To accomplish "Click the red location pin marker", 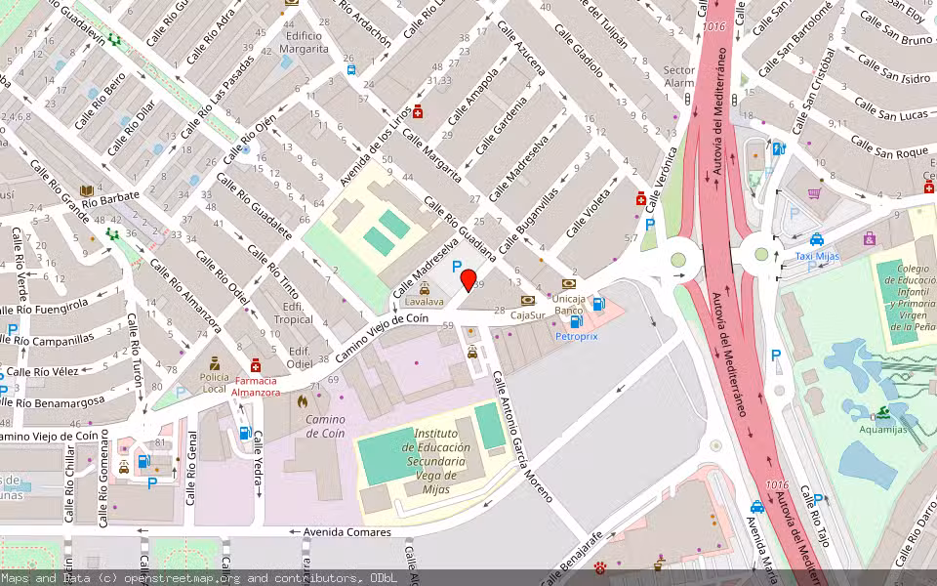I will [468, 279].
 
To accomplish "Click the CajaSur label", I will [527, 314].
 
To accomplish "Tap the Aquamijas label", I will [882, 428].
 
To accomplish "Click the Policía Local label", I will [215, 376].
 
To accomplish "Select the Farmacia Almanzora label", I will [255, 386].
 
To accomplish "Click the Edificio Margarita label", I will [304, 40].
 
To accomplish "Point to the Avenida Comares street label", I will [346, 532].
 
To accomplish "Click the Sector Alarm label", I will [679, 76].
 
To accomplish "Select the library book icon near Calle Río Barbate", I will [86, 189].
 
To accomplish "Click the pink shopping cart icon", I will [813, 193].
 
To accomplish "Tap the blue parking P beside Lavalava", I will [456, 265].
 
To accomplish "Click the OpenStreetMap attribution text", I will [200, 578].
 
